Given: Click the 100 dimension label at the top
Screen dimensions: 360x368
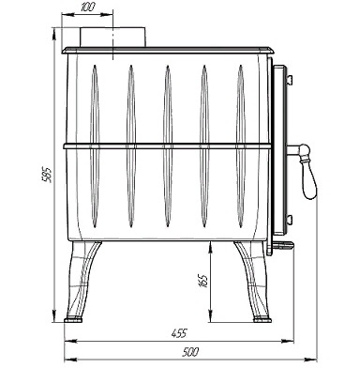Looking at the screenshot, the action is pos(87,7).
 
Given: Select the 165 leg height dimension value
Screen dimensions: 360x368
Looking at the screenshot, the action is pos(202,281).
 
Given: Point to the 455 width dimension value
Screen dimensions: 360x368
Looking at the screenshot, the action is pos(179,333).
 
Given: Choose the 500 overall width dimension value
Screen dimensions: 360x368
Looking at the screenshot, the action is pos(190,352).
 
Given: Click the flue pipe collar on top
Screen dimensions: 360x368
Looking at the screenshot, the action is pos(113,38).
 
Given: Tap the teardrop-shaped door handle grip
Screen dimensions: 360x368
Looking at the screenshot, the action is pos(308,178).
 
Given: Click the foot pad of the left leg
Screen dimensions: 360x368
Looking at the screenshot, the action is pos(73,320).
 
